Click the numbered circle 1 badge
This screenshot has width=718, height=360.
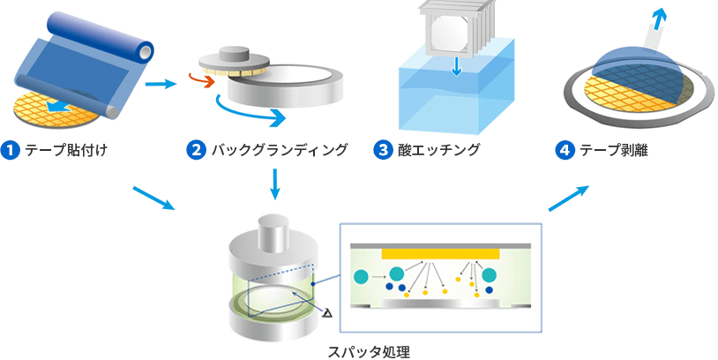[10, 151]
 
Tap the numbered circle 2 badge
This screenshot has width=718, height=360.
[196, 151]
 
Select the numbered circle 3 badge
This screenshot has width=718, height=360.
[382, 151]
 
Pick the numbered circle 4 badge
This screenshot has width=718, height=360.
[565, 151]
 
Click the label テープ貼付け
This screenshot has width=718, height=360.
[66, 151]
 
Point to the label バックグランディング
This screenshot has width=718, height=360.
[280, 151]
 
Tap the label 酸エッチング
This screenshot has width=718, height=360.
[439, 151]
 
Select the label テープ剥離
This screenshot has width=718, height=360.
[614, 151]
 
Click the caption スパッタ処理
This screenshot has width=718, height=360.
[369, 352]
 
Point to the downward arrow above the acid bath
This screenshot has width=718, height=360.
[457, 66]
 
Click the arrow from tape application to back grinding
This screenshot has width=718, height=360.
[161, 85]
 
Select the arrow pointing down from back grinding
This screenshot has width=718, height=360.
[274, 184]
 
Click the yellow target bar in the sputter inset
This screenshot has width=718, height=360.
[440, 254]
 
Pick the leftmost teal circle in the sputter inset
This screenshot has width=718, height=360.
[362, 277]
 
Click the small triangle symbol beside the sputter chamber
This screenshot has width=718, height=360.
[327, 313]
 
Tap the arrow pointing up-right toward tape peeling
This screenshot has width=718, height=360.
[568, 199]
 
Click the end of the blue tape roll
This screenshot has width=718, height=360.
[146, 49]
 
